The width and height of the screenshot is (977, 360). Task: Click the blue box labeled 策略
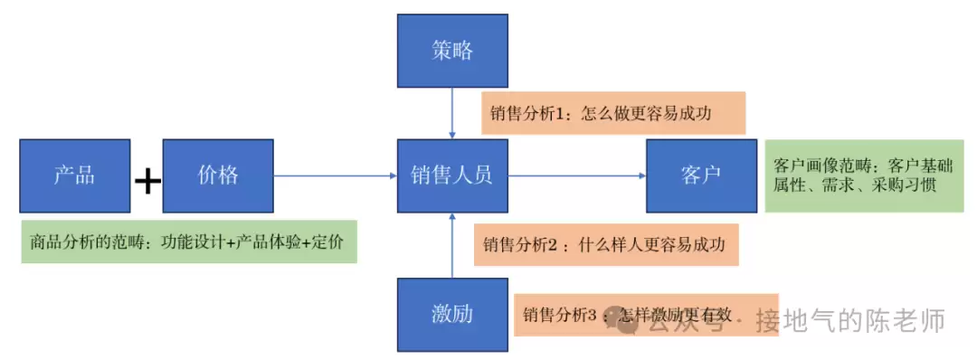click(452, 51)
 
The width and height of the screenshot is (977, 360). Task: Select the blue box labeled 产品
click(74, 175)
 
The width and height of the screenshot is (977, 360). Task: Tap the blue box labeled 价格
click(218, 175)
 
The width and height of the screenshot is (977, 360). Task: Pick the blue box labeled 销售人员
click(452, 175)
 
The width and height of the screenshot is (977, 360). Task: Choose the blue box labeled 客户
click(701, 175)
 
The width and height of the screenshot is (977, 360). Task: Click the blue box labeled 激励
click(452, 315)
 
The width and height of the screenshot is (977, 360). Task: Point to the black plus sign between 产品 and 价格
click(147, 182)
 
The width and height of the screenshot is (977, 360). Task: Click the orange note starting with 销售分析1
click(612, 113)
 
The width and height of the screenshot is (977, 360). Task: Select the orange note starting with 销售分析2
click(606, 244)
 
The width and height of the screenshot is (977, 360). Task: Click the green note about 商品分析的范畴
click(189, 242)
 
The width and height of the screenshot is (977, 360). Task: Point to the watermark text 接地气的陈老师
click(850, 321)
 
